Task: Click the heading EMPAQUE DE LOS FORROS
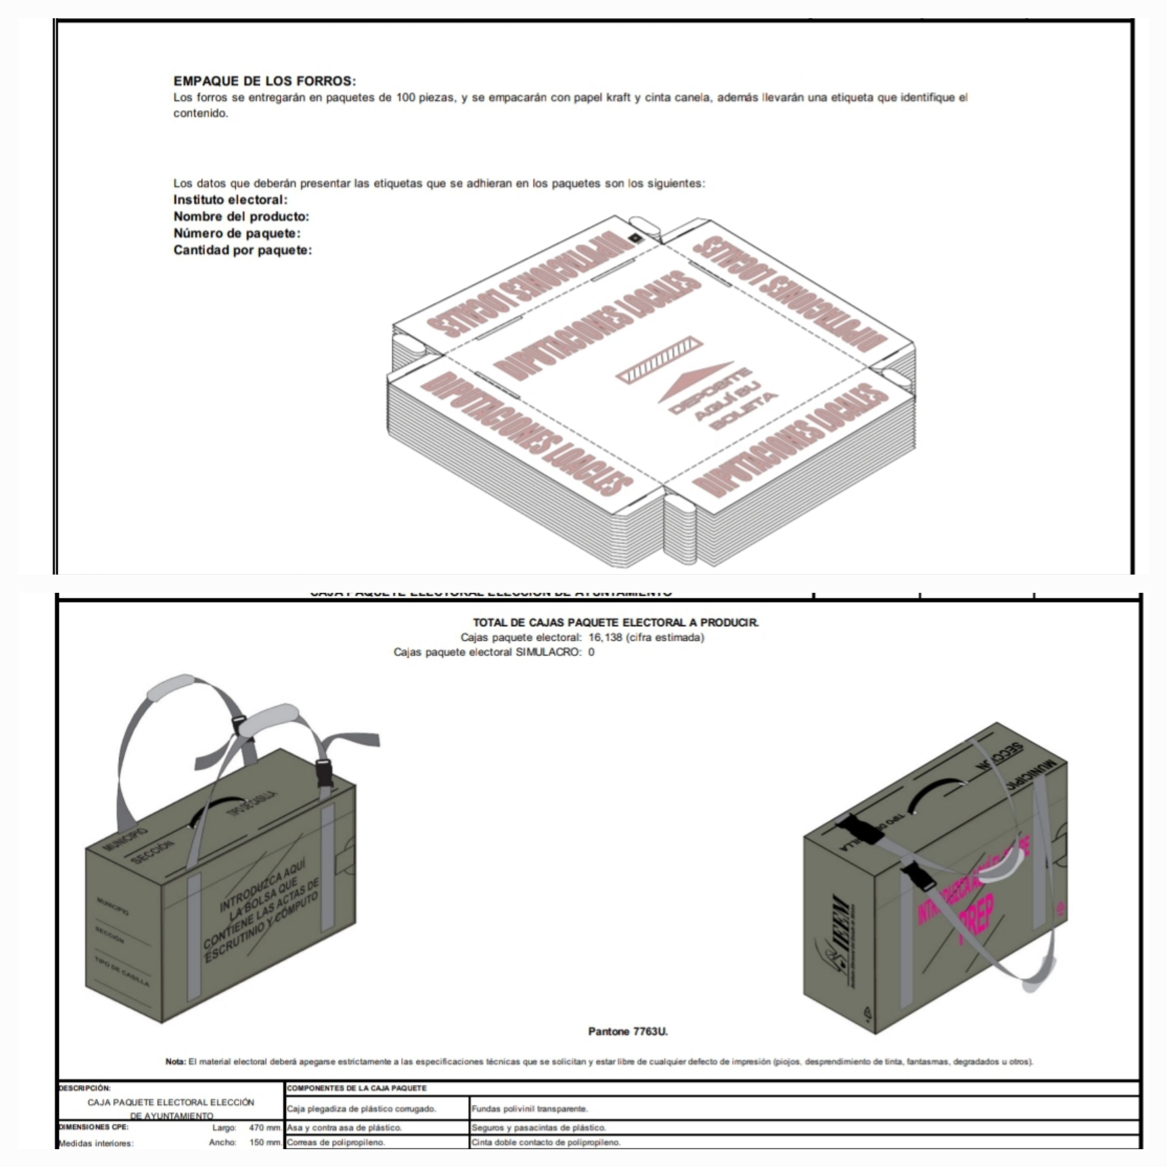point(265,81)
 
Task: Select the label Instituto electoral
point(230,200)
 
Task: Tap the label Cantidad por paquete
point(242,250)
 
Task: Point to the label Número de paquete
point(237,233)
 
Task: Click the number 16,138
point(605,637)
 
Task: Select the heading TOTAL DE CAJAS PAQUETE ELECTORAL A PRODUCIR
point(616,622)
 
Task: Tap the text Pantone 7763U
point(628,1031)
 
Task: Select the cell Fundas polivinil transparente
point(529,1108)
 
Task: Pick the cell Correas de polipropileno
point(336,1141)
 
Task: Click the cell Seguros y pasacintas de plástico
point(538,1127)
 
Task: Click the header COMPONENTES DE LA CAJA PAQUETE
point(357,1088)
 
